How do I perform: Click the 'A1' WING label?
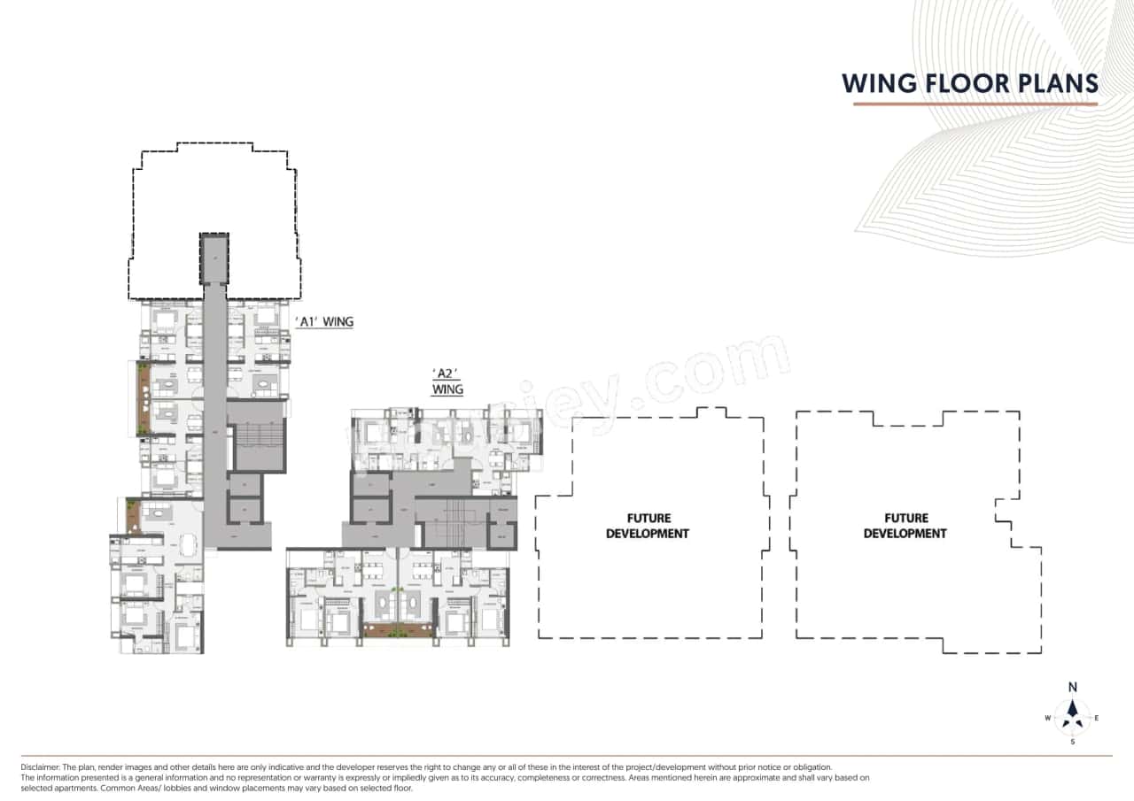click(324, 322)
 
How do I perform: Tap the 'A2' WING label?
click(447, 380)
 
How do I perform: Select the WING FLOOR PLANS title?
click(970, 83)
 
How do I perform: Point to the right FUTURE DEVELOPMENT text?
click(905, 526)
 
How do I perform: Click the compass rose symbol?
click(1073, 713)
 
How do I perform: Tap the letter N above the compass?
click(1073, 687)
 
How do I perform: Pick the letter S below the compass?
click(1073, 742)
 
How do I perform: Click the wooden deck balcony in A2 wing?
click(396, 630)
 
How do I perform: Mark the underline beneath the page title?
click(975, 104)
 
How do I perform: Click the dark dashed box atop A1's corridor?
click(214, 258)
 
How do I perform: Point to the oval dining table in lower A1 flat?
click(189, 545)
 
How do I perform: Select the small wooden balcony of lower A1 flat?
click(133, 517)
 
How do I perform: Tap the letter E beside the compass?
click(1097, 718)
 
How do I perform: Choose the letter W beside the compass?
click(1048, 718)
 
